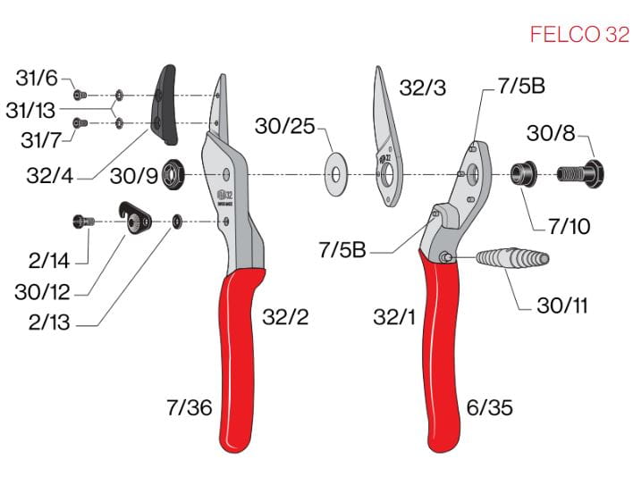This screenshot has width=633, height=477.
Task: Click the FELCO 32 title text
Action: click(579, 34)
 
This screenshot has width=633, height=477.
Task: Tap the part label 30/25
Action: click(284, 126)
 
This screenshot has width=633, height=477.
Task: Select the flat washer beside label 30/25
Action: click(336, 174)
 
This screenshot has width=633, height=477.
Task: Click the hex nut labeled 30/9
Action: click(173, 174)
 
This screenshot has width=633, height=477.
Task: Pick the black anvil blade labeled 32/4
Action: click(165, 105)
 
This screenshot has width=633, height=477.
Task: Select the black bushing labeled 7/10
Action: click(524, 174)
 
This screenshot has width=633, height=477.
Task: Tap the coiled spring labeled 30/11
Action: click(512, 257)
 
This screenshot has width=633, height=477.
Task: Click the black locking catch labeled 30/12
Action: click(135, 218)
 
